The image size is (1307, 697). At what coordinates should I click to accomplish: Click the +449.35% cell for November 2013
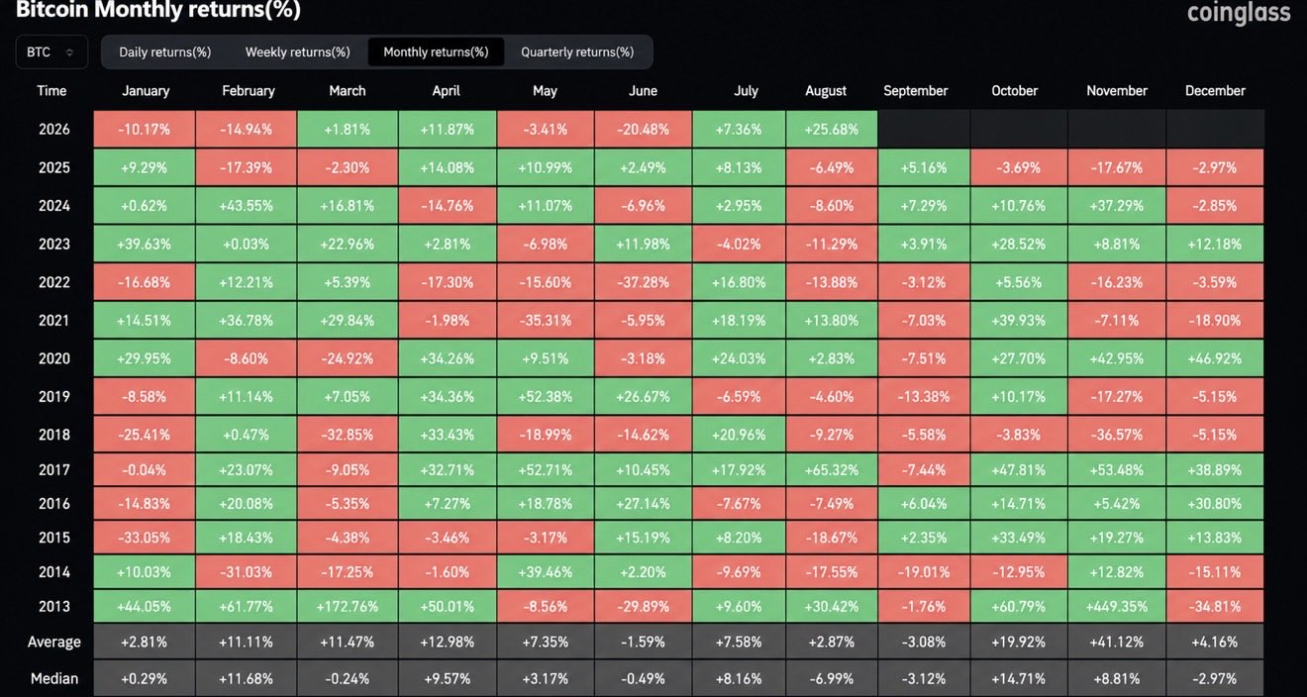[x=1117, y=606]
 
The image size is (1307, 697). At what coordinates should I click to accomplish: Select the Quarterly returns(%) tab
[x=577, y=51]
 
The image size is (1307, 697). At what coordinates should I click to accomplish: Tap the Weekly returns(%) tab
[x=298, y=51]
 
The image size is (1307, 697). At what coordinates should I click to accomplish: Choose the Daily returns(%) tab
[x=165, y=51]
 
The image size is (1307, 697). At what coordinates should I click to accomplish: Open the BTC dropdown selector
[x=51, y=51]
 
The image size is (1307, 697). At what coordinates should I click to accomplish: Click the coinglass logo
[x=1238, y=13]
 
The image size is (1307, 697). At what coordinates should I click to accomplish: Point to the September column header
[x=916, y=90]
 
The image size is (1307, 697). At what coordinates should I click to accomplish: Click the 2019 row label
[x=54, y=397]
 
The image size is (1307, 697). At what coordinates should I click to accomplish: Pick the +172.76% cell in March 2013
[x=348, y=606]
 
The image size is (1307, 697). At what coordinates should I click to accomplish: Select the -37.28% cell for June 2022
[x=643, y=282]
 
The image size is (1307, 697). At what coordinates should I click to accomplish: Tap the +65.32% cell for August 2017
[x=832, y=469]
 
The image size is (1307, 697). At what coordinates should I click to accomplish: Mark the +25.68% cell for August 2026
[x=832, y=129]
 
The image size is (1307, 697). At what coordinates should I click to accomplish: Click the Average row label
[x=54, y=642]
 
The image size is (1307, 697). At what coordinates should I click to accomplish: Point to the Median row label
[x=54, y=678]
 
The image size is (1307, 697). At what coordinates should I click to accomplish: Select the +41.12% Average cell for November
[x=1117, y=642]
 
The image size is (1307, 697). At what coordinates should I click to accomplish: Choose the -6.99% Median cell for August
[x=832, y=678]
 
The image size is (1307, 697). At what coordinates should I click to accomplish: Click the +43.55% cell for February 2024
[x=247, y=206]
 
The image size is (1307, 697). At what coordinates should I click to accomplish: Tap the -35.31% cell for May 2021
[x=546, y=320]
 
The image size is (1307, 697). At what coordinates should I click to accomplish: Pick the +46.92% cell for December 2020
[x=1215, y=358]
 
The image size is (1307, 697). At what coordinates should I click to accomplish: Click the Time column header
[x=51, y=90]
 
